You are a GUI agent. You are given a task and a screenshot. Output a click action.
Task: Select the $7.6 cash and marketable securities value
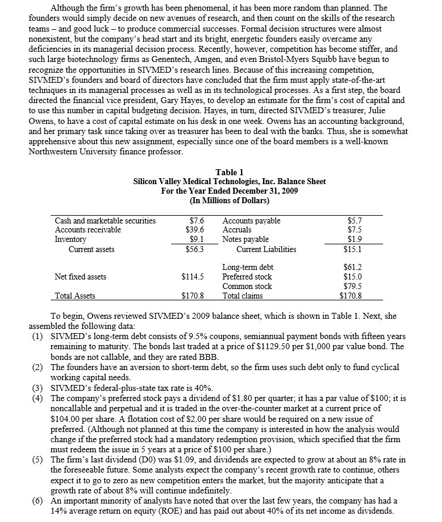(x=196, y=220)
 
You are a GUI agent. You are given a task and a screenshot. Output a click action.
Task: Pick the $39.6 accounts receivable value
(x=194, y=229)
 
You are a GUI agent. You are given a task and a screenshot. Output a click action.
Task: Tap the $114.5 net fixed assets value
(x=192, y=276)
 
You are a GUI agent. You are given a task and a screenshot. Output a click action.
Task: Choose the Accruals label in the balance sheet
(x=237, y=229)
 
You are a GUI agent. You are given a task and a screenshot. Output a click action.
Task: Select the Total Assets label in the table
(x=75, y=296)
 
